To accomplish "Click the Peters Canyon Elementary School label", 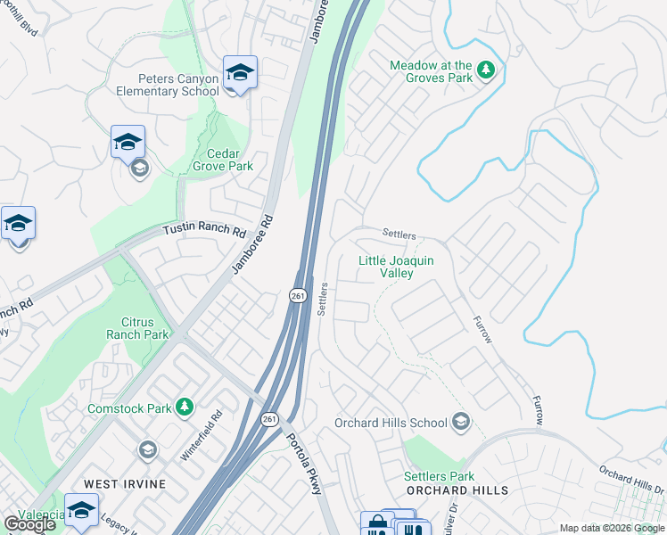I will coord(167,86).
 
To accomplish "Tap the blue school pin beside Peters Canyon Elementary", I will coord(240,73).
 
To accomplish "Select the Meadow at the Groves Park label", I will coord(431,72).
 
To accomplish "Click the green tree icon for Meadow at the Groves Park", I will coord(486,70).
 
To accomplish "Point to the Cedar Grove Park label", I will coord(223,160).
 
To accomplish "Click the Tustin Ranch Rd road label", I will coord(203,230).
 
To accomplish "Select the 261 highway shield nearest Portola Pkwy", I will coord(270,419).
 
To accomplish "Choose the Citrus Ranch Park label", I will coord(137,328).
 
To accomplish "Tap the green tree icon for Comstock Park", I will coord(185,407).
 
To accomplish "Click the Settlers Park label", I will coord(439,476).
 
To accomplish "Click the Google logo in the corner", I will coord(30,524).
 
